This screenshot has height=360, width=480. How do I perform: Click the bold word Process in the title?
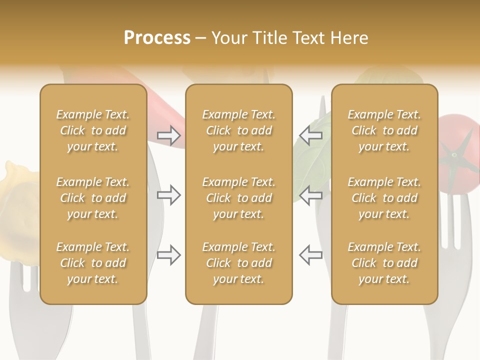tap(157, 38)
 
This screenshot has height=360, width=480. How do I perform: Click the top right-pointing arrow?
tap(168, 135)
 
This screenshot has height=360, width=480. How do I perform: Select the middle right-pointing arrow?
tap(168, 195)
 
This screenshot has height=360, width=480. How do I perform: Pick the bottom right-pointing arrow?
tap(168, 255)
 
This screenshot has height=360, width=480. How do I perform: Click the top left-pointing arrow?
tap(310, 135)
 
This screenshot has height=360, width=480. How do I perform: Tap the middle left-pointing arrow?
tap(310, 195)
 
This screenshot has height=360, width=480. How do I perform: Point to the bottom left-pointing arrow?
tap(310, 255)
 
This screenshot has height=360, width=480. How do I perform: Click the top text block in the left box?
tap(93, 130)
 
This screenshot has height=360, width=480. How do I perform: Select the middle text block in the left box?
tap(93, 198)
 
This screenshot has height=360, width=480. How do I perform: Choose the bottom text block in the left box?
tap(93, 263)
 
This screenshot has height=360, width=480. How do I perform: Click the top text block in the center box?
tap(239, 130)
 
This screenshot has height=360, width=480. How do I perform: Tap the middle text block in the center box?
tap(239, 198)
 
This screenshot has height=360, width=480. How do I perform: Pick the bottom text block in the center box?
tap(239, 263)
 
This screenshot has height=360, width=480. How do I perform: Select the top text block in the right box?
tap(384, 130)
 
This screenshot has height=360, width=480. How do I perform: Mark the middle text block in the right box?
tap(384, 198)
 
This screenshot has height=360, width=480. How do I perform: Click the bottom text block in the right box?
tap(384, 263)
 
